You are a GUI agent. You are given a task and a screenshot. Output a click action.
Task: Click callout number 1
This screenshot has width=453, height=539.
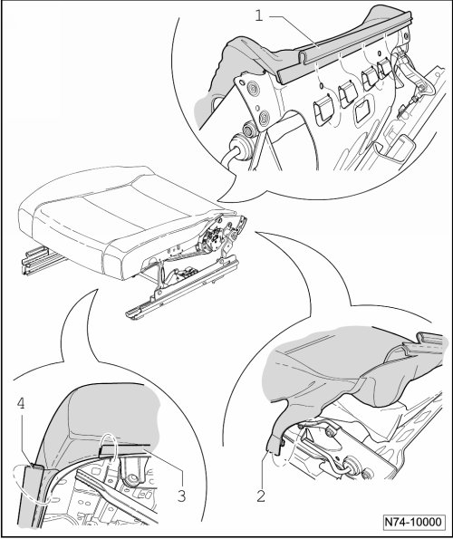pyautogui.click(x=259, y=15)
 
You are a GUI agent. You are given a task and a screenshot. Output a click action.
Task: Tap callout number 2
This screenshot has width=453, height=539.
pyautogui.click(x=261, y=496)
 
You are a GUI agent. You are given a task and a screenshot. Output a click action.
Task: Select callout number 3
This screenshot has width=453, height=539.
pyautogui.click(x=181, y=496)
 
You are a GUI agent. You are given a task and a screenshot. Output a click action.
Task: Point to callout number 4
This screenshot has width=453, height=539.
pyautogui.click(x=21, y=403)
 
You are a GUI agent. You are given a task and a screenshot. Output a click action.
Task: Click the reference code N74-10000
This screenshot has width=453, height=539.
pyautogui.click(x=413, y=522)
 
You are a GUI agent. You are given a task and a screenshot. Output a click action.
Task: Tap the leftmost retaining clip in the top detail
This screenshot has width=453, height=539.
pyautogui.click(x=323, y=110)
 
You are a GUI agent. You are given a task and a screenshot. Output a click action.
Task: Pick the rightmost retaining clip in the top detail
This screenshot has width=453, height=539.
pyautogui.click(x=385, y=68)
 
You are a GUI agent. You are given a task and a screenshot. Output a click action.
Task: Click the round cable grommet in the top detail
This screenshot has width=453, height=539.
pyautogui.click(x=240, y=147)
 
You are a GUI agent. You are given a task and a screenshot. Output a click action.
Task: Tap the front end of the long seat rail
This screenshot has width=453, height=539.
pyautogui.click(x=132, y=313)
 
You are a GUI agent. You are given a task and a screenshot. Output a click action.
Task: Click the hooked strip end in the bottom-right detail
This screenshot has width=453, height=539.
pyautogui.click(x=426, y=340)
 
